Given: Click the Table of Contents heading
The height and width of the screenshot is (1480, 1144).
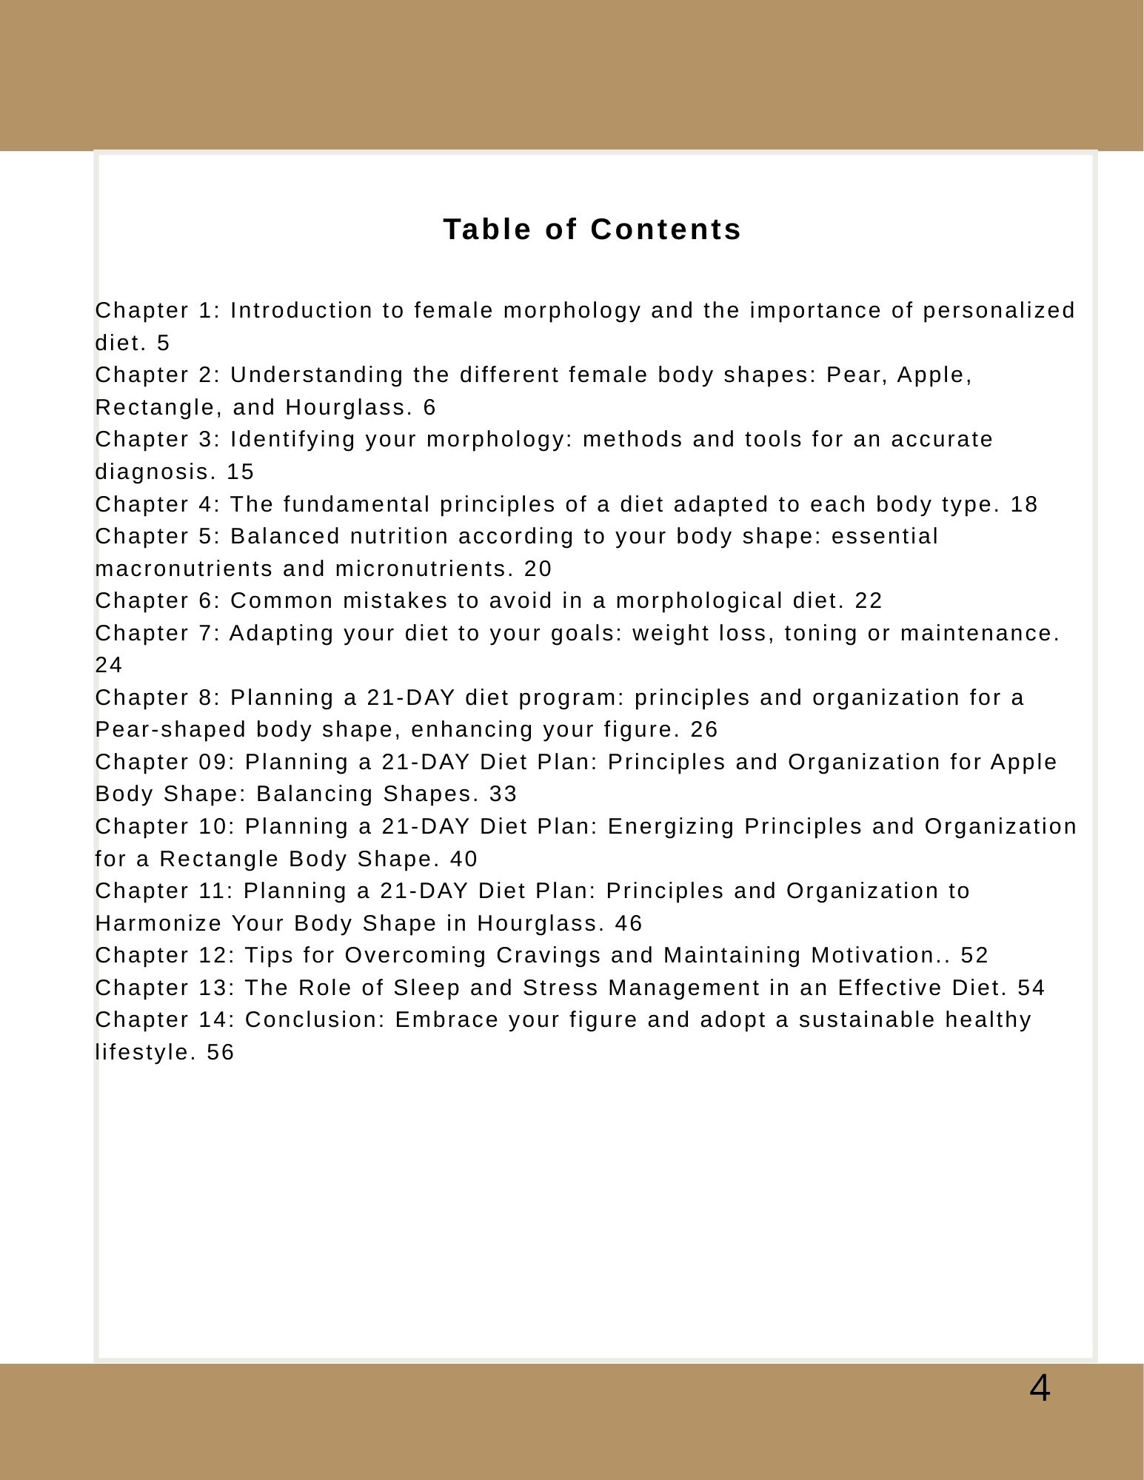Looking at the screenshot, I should click(592, 230).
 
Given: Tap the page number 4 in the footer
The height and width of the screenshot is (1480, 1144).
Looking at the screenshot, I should click(1039, 1388).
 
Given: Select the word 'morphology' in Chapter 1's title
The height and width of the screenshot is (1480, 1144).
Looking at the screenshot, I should click(572, 311).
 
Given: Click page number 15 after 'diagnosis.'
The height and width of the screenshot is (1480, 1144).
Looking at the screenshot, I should click(240, 472).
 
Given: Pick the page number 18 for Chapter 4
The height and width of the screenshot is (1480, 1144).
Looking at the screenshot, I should click(1024, 504).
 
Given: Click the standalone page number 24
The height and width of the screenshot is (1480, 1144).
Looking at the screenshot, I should click(109, 666).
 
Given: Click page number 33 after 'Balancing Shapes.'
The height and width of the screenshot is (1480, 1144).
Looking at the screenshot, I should click(503, 794).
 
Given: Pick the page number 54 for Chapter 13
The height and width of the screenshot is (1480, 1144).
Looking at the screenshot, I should click(1031, 988).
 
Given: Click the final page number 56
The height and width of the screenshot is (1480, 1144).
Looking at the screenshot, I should click(220, 1053).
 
